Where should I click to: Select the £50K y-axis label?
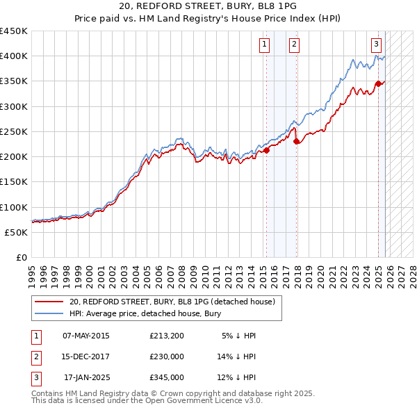coord(17,232)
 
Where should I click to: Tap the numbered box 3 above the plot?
coord(376,44)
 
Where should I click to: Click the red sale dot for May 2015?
coord(266,150)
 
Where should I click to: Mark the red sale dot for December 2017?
coord(297,142)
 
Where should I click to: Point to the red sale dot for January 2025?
coord(379,84)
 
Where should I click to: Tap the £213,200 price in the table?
coord(167,336)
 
